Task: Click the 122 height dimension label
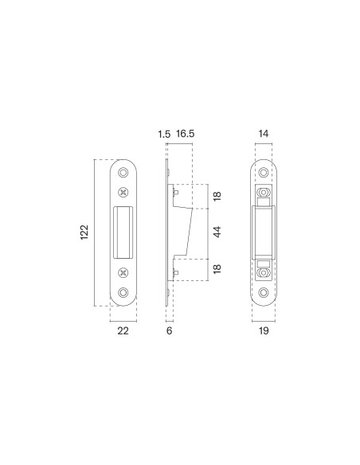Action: (x=84, y=232)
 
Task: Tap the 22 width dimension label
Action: (x=123, y=330)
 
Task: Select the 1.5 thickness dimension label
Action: (x=164, y=134)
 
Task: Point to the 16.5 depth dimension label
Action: (x=186, y=134)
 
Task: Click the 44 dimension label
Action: (x=217, y=232)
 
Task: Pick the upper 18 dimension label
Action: (x=217, y=196)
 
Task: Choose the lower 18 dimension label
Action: (x=217, y=268)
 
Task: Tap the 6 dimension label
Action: (x=170, y=330)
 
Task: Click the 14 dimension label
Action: (x=264, y=134)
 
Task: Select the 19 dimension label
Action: (x=264, y=330)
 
